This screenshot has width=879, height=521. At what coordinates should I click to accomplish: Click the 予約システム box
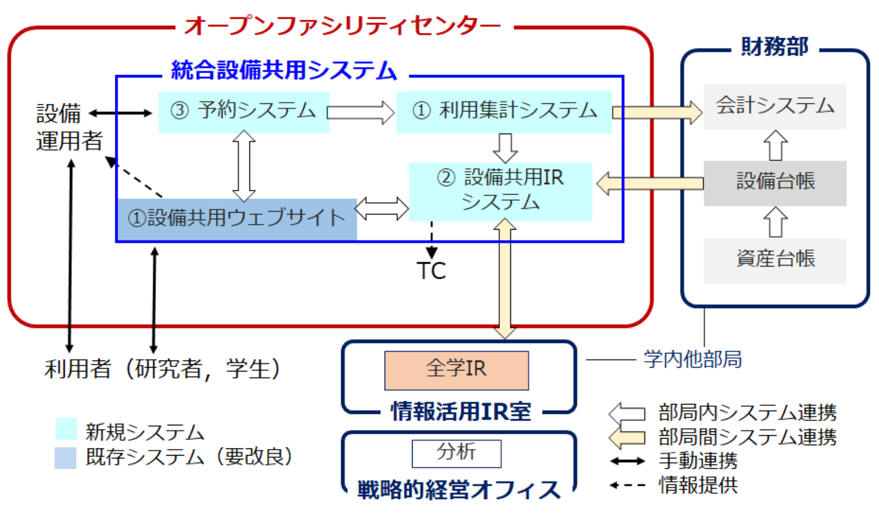coord(244,112)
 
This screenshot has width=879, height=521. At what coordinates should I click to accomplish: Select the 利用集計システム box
coord(504,112)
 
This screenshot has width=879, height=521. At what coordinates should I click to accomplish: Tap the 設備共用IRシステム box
coord(500,192)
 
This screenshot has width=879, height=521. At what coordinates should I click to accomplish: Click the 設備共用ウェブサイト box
coord(237,219)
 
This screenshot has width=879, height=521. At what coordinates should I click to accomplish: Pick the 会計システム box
coord(775,107)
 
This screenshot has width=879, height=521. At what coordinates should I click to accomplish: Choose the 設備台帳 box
coord(775,183)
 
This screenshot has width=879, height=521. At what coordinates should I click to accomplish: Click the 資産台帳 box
coord(775,260)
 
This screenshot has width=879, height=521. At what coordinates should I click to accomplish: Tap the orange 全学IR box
coord(457,370)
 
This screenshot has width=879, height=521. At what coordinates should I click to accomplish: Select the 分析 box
coord(457,453)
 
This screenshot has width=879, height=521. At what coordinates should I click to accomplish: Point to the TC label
coord(431,271)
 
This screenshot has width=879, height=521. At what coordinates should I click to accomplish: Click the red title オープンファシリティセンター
coord(343,26)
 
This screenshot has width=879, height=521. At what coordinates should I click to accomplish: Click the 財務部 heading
coord(775,47)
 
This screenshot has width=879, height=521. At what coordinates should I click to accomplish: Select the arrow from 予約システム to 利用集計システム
coord(360,113)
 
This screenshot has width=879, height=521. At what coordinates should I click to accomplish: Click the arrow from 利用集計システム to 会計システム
coord(657,113)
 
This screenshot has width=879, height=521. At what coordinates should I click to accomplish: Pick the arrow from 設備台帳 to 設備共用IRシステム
coord(650,184)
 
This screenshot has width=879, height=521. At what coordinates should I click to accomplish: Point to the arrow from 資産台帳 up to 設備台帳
coord(775,222)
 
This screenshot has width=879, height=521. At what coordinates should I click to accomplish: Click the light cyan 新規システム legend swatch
coord(66,429)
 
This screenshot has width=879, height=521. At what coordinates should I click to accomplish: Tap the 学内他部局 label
coord(693,359)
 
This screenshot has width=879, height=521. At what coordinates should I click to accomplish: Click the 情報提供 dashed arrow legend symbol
coord(627,485)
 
